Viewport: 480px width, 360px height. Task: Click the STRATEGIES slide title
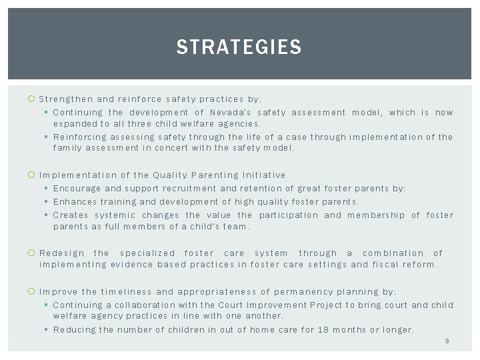click(x=239, y=47)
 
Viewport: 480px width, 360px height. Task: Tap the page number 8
click(x=446, y=341)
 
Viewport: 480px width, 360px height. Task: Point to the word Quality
click(x=171, y=175)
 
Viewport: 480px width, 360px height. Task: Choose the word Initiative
click(x=265, y=175)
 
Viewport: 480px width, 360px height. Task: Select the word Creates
click(x=71, y=215)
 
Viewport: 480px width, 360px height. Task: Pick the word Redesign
click(x=62, y=253)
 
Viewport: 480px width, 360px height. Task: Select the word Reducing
click(x=75, y=329)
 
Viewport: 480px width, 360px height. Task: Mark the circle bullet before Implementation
click(x=33, y=175)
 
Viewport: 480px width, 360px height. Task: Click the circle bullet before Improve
click(x=33, y=292)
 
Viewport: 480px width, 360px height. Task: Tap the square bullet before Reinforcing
click(x=46, y=137)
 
